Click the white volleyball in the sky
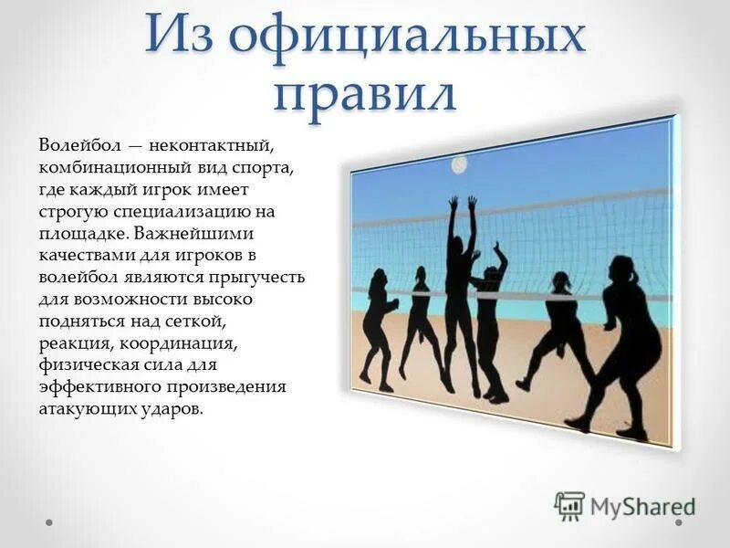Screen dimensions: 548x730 459,164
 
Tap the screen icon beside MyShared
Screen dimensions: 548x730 569,505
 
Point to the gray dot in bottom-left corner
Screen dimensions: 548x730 49,523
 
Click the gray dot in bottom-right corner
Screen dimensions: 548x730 680,523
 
